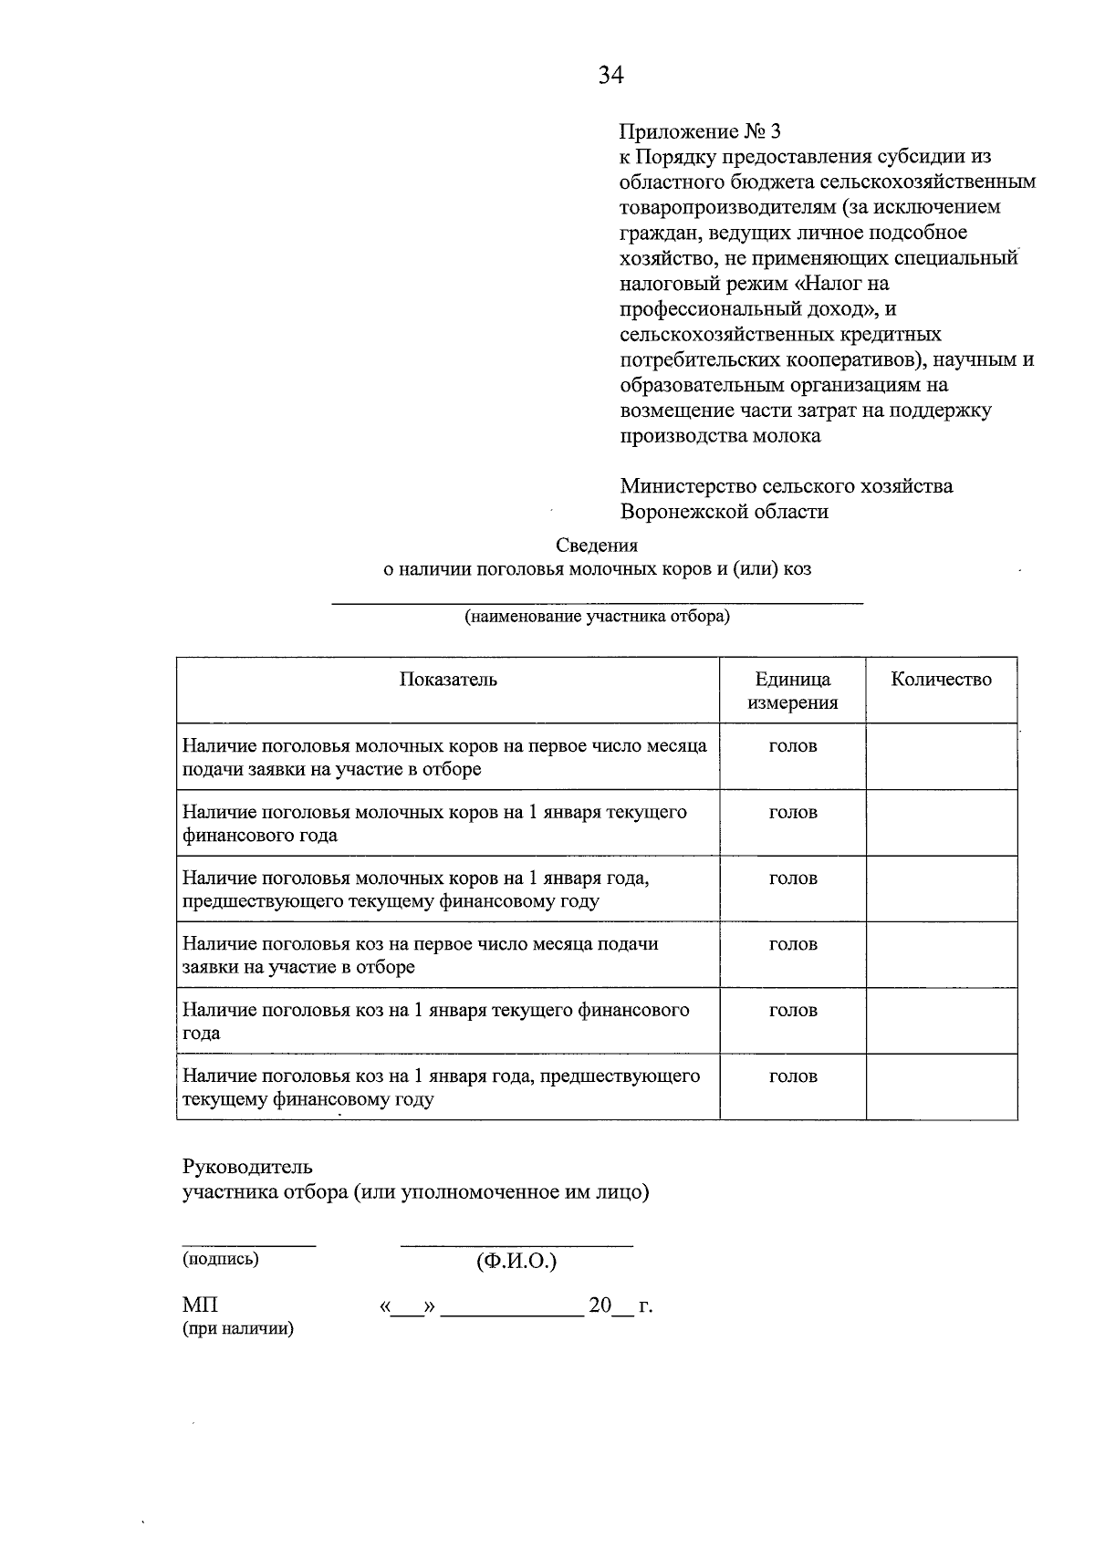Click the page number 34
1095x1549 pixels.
coord(610,76)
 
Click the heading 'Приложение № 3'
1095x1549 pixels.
coord(700,130)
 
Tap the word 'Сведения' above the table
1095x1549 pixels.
coord(597,546)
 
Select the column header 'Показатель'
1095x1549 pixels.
coord(448,680)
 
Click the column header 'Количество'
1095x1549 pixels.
coord(941,680)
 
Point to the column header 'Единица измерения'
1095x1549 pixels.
coord(792,691)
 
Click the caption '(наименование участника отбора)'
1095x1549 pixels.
coord(598,617)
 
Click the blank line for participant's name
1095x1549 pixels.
coord(597,599)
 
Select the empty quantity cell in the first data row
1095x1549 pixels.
coord(941,756)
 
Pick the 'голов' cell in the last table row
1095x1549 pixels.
coord(792,1076)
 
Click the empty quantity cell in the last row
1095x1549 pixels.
coord(941,1086)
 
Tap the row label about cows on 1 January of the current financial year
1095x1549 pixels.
coord(434,823)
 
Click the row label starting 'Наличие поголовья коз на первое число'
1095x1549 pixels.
coord(420,955)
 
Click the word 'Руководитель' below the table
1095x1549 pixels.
coord(247,1167)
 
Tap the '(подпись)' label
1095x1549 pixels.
coord(221,1259)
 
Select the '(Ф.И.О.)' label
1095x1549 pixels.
coord(516,1262)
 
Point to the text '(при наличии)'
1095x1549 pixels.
coord(238,1329)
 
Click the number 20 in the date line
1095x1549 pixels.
coord(600,1305)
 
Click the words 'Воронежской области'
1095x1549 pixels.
coord(725,511)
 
